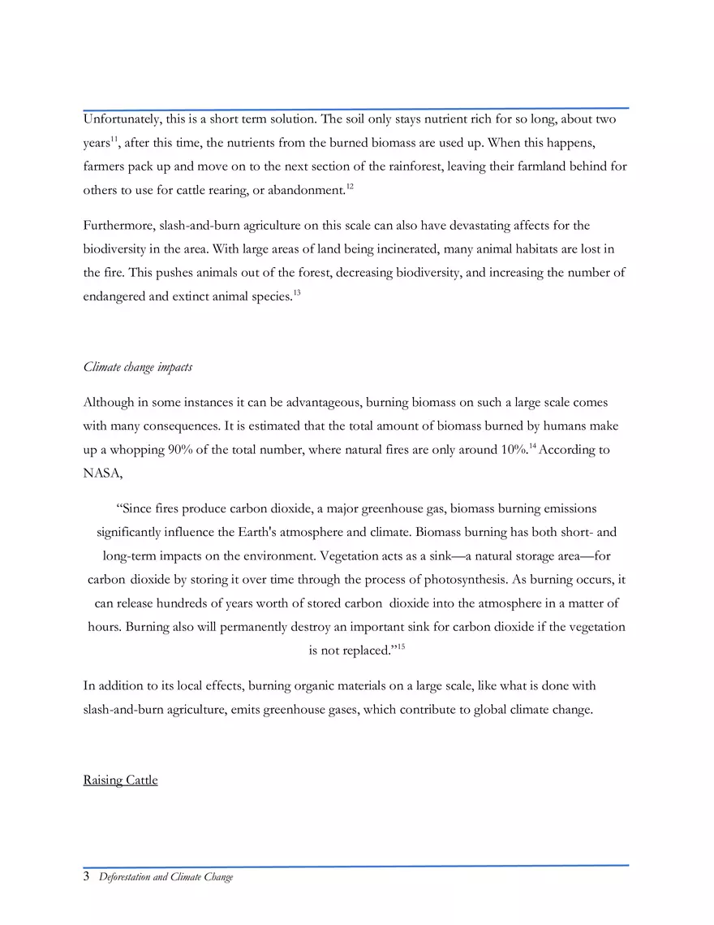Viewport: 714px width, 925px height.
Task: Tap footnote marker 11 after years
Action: click(114, 139)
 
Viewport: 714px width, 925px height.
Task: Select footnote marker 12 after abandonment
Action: click(350, 187)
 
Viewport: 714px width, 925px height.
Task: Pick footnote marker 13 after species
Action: click(297, 292)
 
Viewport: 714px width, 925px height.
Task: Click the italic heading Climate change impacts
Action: click(138, 367)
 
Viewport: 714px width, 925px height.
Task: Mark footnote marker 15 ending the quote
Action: click(401, 646)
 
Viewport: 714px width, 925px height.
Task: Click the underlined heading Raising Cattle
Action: click(120, 780)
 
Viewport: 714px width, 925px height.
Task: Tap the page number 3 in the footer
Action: click(87, 877)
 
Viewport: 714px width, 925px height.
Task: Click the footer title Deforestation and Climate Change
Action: click(166, 877)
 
